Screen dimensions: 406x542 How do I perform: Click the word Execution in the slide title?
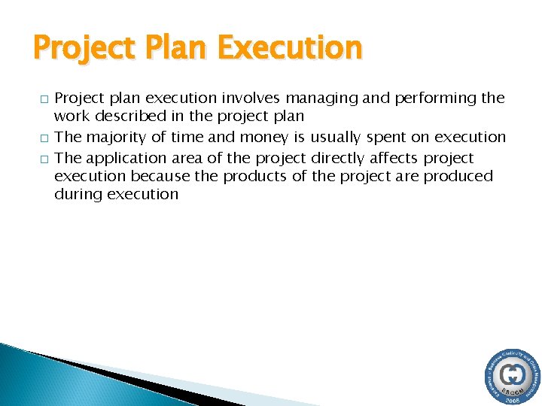[x=289, y=49]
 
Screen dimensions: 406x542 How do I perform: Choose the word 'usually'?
[x=336, y=137]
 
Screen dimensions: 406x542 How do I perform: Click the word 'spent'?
[x=387, y=137]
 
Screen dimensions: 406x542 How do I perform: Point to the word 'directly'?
[x=338, y=158]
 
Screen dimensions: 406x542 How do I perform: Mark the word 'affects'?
[x=394, y=158]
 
